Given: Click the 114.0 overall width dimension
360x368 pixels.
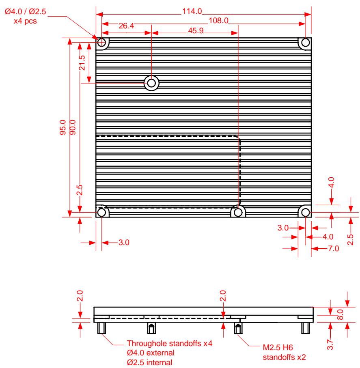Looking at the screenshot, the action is (192, 11).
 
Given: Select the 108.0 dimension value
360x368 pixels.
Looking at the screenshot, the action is (218, 21).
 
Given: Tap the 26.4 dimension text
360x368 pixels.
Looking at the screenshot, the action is (126, 26).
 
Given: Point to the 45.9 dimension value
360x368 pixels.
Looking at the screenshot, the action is (196, 30).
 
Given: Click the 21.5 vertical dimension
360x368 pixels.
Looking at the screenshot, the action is (82, 62).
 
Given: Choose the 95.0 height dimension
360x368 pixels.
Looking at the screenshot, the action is (63, 127).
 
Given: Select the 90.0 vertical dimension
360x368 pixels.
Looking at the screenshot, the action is (73, 127).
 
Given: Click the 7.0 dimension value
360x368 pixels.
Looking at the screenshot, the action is (334, 248).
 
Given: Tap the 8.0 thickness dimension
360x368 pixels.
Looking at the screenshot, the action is (340, 314).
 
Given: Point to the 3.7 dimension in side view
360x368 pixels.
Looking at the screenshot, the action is (330, 344).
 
